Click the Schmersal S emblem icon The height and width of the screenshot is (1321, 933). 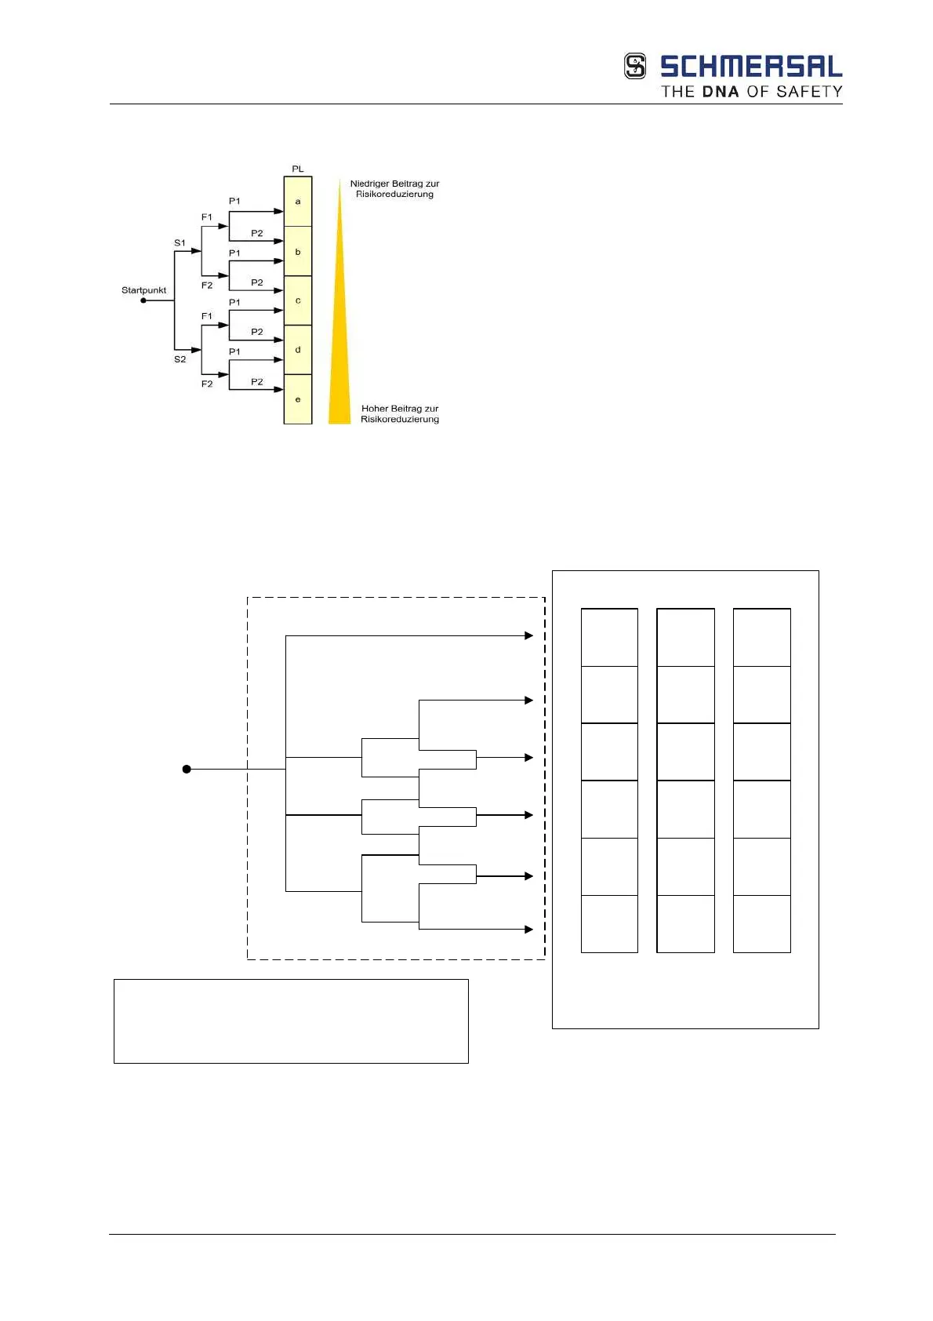tap(635, 66)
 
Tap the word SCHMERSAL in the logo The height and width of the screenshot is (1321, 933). tap(750, 67)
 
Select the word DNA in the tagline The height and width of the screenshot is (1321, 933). tap(720, 92)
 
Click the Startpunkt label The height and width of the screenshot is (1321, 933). tap(143, 290)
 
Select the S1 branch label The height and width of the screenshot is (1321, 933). tap(180, 243)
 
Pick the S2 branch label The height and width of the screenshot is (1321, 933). tap(180, 359)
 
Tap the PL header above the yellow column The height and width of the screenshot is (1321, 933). tap(297, 169)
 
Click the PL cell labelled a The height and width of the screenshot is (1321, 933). tap(298, 202)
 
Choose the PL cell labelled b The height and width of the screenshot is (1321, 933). tap(298, 252)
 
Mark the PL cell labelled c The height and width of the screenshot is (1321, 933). tap(298, 300)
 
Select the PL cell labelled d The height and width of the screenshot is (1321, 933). tap(298, 350)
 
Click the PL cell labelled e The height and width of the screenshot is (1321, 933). tap(298, 399)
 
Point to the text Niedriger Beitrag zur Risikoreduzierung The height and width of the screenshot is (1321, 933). tap(394, 189)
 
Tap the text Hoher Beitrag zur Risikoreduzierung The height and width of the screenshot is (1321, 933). tap(400, 413)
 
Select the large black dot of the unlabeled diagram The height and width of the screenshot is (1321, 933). tap(187, 770)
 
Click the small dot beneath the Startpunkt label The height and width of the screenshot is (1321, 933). tap(143, 300)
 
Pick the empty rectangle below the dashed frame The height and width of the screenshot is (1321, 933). tap(291, 1021)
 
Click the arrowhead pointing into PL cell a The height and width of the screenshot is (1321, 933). tap(278, 211)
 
